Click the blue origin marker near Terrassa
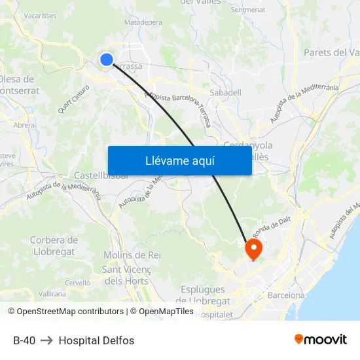(107, 60)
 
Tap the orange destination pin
(253, 248)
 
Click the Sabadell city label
(225, 93)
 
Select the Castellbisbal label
(101, 175)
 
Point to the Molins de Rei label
(132, 255)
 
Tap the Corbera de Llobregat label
(54, 246)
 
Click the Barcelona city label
(286, 295)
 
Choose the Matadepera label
(143, 22)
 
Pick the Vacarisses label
(39, 15)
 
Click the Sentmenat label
(248, 10)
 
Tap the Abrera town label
(24, 125)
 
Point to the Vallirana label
(52, 294)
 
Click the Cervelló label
(77, 283)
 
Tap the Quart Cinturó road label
(73, 99)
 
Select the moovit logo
(320, 339)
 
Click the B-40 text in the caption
(24, 340)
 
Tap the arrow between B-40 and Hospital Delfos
(47, 340)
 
